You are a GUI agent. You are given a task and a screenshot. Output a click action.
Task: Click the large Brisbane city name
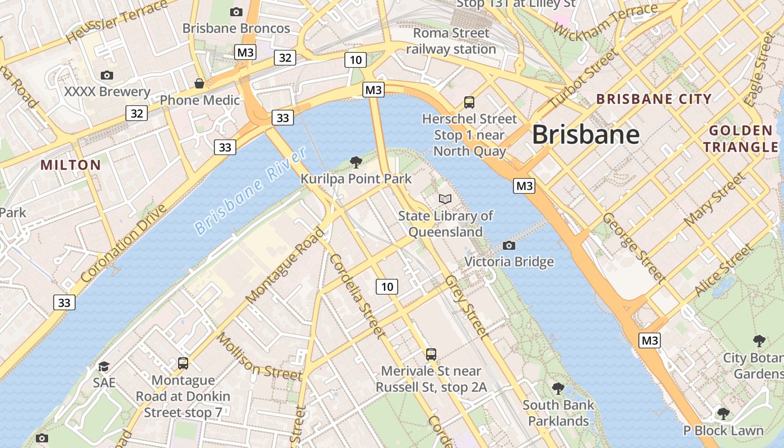click(x=585, y=135)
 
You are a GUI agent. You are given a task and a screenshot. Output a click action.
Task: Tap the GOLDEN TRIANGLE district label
click(x=741, y=139)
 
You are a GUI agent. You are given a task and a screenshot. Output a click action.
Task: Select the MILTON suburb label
click(x=71, y=165)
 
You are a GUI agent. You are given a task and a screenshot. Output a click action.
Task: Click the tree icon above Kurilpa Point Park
click(x=356, y=162)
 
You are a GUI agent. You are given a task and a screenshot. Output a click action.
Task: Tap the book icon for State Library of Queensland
click(x=445, y=199)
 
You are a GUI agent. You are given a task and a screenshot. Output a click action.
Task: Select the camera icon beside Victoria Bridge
click(x=509, y=245)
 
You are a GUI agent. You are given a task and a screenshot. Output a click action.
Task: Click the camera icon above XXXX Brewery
click(x=106, y=75)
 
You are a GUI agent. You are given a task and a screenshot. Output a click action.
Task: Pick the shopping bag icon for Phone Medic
click(x=199, y=83)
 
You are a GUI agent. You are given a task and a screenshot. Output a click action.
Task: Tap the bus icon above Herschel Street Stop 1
click(x=469, y=102)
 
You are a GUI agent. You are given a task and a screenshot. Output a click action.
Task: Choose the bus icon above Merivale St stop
click(x=431, y=354)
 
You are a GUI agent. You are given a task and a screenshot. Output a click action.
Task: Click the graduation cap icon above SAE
click(x=104, y=366)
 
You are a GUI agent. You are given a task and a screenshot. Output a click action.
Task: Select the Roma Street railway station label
click(x=451, y=41)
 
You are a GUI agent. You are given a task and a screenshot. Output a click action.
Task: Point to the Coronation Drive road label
click(x=124, y=244)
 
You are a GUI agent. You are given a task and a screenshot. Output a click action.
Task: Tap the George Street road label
click(x=634, y=248)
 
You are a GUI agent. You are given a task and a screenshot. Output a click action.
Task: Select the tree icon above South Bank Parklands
click(x=558, y=388)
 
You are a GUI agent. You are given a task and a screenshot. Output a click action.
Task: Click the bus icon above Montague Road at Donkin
click(x=183, y=363)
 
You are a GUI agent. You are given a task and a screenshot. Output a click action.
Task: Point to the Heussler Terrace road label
click(x=116, y=21)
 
